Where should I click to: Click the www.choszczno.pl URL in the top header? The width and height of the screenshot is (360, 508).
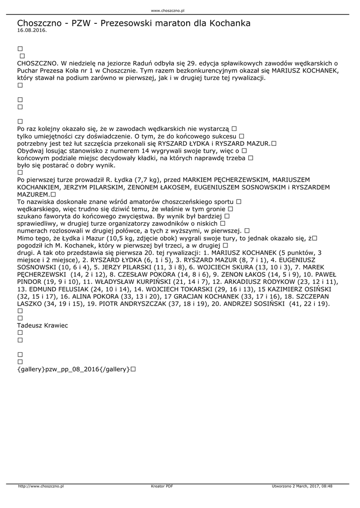(167, 10)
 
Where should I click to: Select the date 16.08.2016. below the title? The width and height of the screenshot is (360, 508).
(32, 30)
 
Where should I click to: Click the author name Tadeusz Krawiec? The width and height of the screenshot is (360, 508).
(42, 325)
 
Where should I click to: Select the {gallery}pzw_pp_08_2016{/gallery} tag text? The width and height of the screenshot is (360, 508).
(73, 369)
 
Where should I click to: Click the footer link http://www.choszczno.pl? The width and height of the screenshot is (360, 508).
(41, 486)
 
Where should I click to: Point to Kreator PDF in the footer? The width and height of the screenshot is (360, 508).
(162, 486)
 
